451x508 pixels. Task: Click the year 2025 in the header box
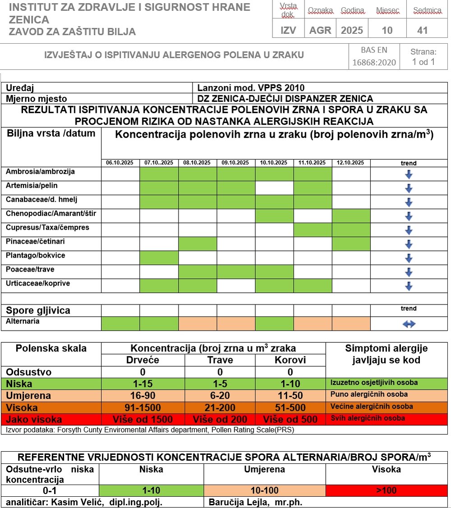(352, 31)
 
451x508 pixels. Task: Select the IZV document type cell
(288, 31)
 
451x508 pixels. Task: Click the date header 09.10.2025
(236, 163)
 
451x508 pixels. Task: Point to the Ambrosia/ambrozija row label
(41, 172)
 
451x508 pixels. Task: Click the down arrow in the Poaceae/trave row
(409, 272)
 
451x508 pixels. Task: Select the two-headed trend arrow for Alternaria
(409, 324)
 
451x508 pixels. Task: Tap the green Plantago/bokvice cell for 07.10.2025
(159, 258)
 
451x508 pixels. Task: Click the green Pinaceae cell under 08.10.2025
(198, 244)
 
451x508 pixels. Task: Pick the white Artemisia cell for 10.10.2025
(274, 188)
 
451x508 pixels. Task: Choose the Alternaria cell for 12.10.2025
(351, 324)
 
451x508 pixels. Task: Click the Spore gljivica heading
(38, 311)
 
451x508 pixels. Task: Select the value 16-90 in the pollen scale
(143, 396)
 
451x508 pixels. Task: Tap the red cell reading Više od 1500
(143, 419)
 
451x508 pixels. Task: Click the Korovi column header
(290, 360)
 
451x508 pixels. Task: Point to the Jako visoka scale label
(34, 419)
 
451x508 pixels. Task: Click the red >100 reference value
(386, 490)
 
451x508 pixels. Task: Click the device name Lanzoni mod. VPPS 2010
(251, 88)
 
